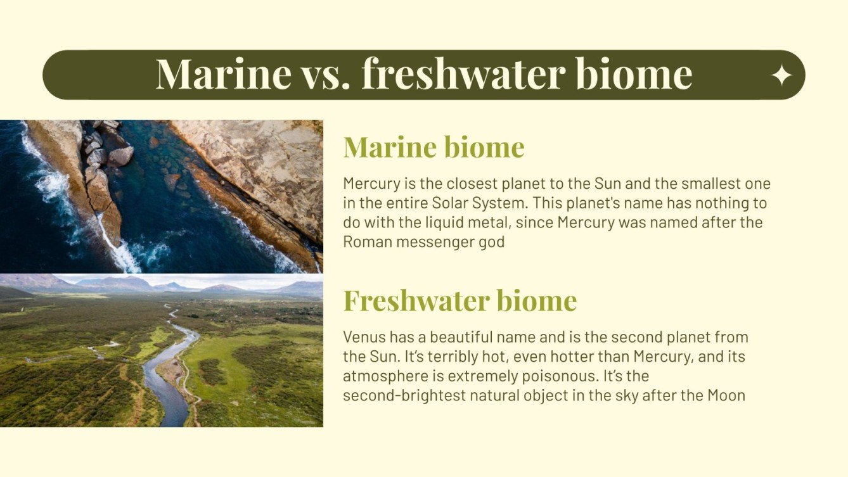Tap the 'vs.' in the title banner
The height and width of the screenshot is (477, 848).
(x=326, y=75)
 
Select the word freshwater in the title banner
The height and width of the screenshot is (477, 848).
(x=463, y=75)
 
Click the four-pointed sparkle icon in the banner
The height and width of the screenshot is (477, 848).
(x=781, y=76)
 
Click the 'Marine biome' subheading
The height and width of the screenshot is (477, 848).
(x=434, y=147)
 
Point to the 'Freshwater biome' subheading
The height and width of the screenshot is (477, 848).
(x=459, y=300)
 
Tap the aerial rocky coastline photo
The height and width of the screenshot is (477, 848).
(x=161, y=196)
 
